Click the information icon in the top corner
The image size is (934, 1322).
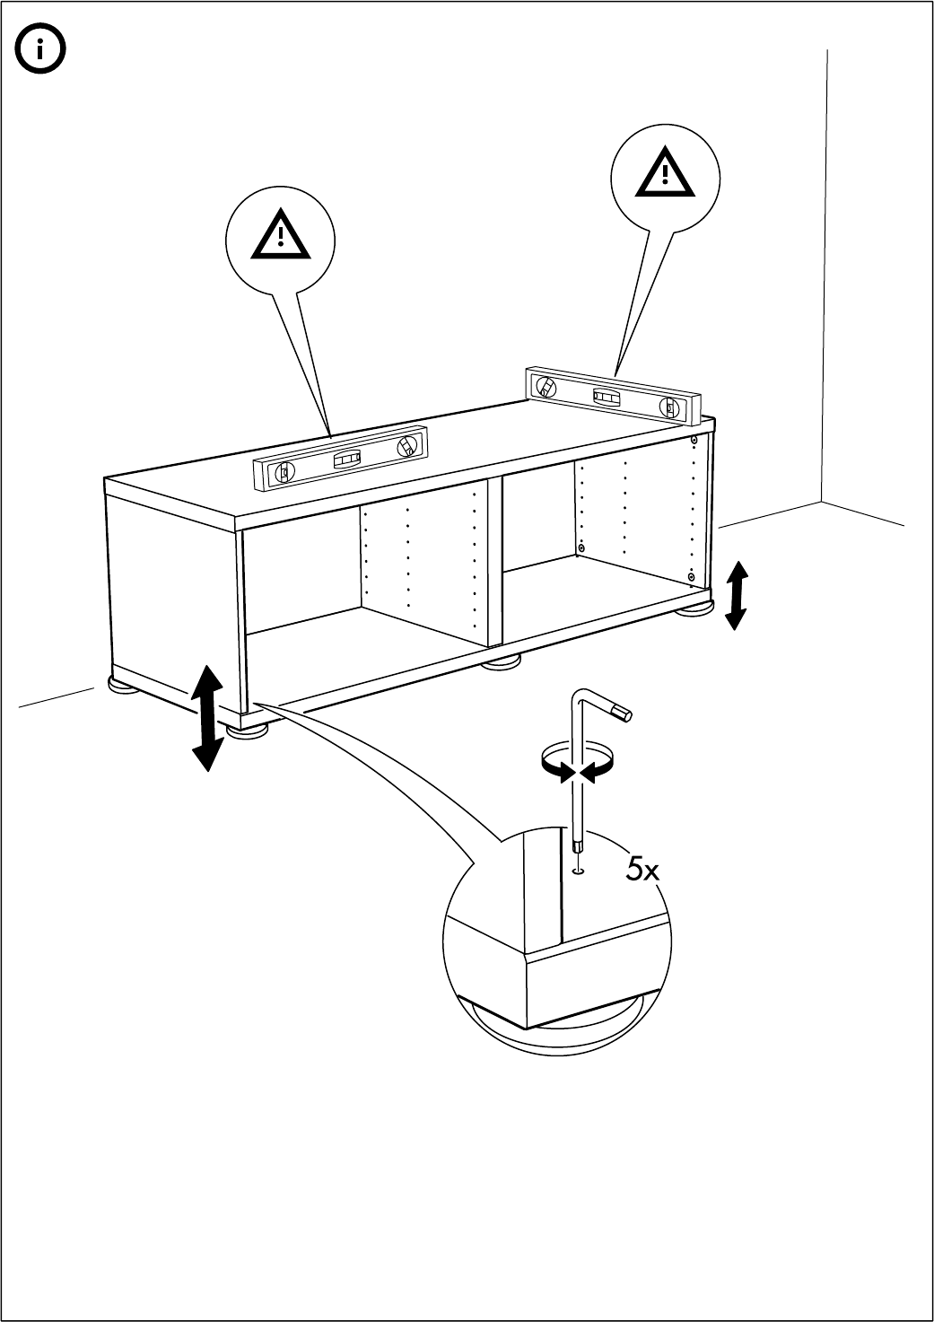(42, 50)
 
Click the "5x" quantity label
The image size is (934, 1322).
(642, 869)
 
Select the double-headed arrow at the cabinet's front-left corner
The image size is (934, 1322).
(207, 718)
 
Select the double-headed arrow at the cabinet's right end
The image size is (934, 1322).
(736, 594)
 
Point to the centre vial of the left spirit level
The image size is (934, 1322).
(346, 460)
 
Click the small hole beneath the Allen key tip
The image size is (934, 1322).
(577, 869)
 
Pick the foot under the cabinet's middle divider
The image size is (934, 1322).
(502, 663)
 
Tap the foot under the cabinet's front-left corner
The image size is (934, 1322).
(247, 731)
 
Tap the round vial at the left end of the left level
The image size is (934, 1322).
(284, 473)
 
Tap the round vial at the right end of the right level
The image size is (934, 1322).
(669, 407)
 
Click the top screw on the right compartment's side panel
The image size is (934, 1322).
(694, 441)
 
